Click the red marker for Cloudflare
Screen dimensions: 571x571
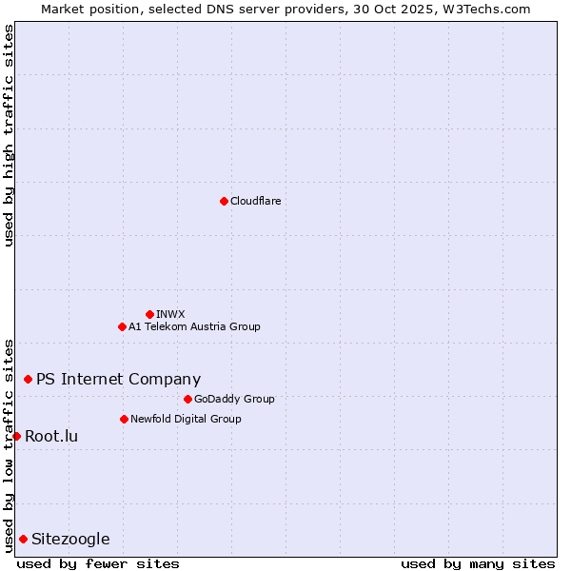224,201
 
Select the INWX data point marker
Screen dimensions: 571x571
149,314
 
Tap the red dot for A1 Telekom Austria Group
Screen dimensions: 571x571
122,326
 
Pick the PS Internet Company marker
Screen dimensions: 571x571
28,379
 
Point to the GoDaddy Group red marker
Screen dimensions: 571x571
187,399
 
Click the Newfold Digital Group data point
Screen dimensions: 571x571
124,419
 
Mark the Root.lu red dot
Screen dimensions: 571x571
16,436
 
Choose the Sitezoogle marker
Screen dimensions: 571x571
23,539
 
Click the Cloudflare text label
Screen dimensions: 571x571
256,201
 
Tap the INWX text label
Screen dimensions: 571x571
170,314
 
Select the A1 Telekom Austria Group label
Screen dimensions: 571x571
194,326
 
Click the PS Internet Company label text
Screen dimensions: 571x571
118,379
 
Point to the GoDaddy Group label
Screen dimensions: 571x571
234,399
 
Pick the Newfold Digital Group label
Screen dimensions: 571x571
186,419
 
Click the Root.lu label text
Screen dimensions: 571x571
51,436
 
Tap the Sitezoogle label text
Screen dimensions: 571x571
70,539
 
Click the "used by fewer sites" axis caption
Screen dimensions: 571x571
98,563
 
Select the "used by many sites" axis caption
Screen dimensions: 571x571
478,563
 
